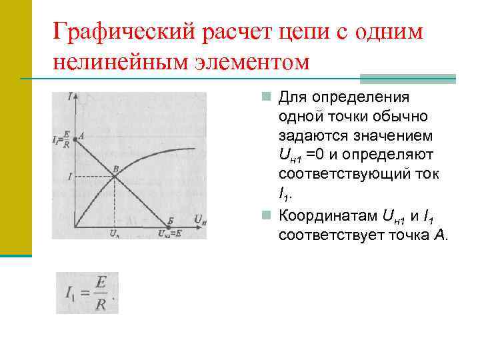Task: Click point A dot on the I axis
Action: [x=75, y=139]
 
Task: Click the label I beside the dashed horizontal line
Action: [x=69, y=176]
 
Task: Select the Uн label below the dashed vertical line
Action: [x=115, y=233]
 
